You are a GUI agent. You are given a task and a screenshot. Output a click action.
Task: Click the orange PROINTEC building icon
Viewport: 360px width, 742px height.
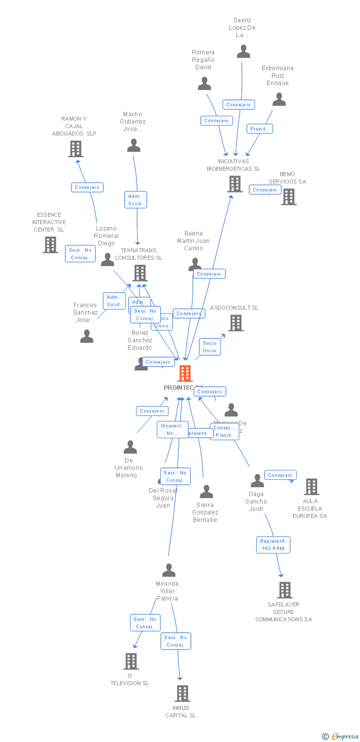pyautogui.click(x=185, y=373)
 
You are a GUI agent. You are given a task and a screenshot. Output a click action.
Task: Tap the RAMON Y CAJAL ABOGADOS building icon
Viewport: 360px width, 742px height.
pyautogui.click(x=76, y=149)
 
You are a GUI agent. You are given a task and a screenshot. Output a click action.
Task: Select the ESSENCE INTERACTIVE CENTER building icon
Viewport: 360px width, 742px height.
pyautogui.click(x=50, y=244)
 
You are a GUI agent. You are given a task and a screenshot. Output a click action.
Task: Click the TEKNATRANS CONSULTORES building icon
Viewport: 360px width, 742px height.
pyautogui.click(x=140, y=273)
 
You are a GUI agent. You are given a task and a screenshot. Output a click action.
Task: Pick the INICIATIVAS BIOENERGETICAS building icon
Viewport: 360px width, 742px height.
pyautogui.click(x=234, y=184)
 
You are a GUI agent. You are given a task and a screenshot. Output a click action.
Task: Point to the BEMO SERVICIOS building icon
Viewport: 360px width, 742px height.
pyautogui.click(x=289, y=197)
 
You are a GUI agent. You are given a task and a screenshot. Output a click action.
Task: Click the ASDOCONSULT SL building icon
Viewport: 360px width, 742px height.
pyautogui.click(x=236, y=323)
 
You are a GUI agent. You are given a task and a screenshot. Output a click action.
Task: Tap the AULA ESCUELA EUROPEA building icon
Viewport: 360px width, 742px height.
pyautogui.click(x=311, y=487)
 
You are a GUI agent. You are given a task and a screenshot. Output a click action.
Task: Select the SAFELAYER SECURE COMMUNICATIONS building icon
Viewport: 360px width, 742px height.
pyautogui.click(x=284, y=590)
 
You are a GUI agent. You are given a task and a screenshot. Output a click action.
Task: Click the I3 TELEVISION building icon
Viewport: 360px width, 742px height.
pyautogui.click(x=131, y=661)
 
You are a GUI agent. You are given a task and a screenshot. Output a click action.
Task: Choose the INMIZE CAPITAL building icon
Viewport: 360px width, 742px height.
pyautogui.click(x=182, y=694)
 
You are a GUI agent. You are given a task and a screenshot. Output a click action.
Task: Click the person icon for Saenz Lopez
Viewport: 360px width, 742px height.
pyautogui.click(x=243, y=51)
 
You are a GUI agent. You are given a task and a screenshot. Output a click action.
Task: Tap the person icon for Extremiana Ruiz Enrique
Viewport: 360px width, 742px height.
pyautogui.click(x=279, y=99)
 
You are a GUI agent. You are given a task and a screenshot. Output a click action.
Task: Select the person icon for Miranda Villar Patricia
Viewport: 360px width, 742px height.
pyautogui.click(x=169, y=570)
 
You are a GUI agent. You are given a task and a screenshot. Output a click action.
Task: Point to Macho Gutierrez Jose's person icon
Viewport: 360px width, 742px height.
pyautogui.click(x=134, y=145)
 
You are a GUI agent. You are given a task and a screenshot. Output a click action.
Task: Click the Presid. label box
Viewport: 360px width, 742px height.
pyautogui.click(x=260, y=129)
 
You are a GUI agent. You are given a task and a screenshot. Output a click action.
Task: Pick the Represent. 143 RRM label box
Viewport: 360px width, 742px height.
pyautogui.click(x=273, y=545)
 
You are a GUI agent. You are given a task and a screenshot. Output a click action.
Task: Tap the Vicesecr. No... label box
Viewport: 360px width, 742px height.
pyautogui.click(x=172, y=429)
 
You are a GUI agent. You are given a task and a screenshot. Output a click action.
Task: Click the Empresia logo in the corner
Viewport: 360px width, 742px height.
pyautogui.click(x=341, y=736)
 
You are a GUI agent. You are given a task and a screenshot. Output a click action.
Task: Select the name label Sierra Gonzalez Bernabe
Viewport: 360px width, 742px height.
pyautogui.click(x=205, y=512)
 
